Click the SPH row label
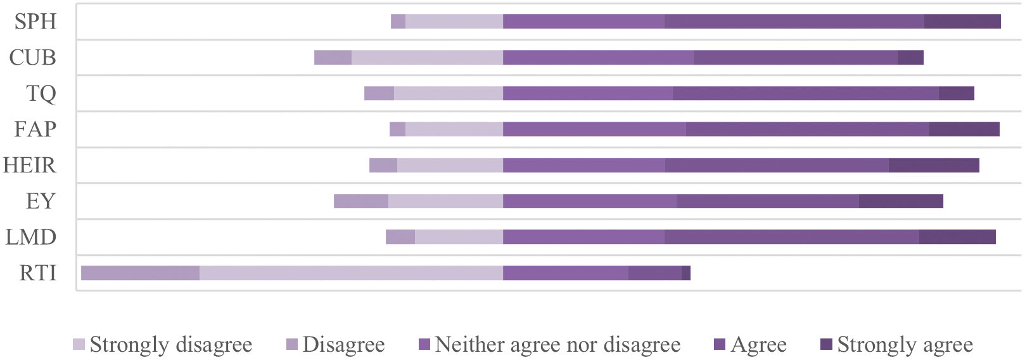[x=35, y=22]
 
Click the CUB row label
[x=32, y=58]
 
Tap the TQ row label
[x=41, y=94]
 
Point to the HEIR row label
[x=30, y=165]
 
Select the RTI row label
[x=38, y=273]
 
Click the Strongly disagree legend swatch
[x=79, y=344]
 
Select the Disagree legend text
[x=343, y=344]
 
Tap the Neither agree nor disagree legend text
[x=558, y=344]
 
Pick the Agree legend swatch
[x=720, y=344]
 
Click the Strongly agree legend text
[x=905, y=344]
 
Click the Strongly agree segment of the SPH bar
[x=962, y=22]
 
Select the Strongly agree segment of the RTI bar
[x=686, y=273]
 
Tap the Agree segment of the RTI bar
[x=655, y=273]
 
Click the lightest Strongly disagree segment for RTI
[x=352, y=273]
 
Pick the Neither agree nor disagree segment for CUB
[x=599, y=58]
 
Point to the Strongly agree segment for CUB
[x=910, y=58]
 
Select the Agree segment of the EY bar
[x=768, y=201]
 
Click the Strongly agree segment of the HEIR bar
[x=934, y=165]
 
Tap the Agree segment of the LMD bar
[x=792, y=237]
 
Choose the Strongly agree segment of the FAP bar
[x=965, y=129]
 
